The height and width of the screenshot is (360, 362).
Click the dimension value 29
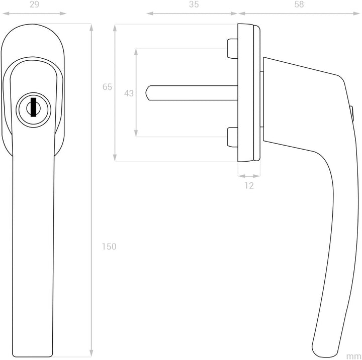[x=34, y=5]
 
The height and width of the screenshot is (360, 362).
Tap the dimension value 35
[x=194, y=5]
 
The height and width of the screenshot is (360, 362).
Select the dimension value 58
[x=299, y=5]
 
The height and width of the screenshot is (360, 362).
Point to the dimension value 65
[x=107, y=87]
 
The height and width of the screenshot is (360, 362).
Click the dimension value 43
[x=129, y=93]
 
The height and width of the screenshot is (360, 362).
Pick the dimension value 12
[x=249, y=186]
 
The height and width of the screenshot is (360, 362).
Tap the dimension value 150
[x=109, y=247]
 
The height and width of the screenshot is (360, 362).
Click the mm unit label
[x=354, y=356]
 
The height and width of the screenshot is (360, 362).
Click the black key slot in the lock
[x=34, y=107]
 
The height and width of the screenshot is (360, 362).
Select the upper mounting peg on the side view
[x=232, y=49]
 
